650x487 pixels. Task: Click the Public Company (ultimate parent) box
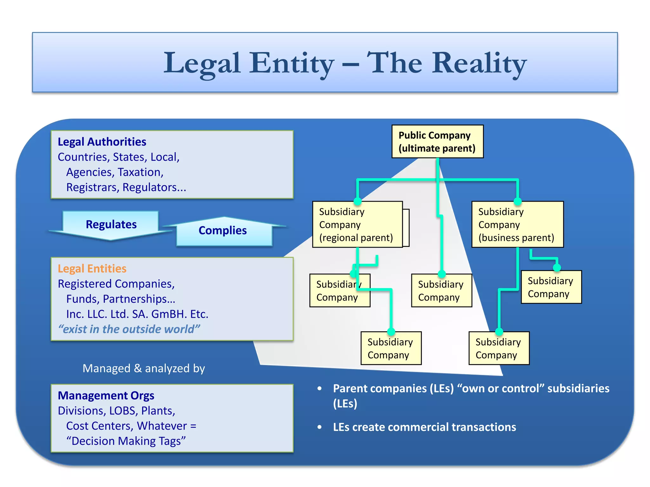(x=437, y=141)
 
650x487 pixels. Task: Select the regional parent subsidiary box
(x=357, y=224)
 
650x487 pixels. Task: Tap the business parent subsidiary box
(x=517, y=224)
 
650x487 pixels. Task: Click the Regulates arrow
(x=111, y=225)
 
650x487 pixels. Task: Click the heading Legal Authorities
(x=102, y=142)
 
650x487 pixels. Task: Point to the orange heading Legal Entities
(x=92, y=269)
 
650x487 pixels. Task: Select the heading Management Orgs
(x=106, y=395)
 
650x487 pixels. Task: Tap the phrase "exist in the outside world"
(x=129, y=329)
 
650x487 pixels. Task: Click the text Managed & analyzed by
(x=144, y=368)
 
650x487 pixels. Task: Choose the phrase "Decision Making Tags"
(x=126, y=441)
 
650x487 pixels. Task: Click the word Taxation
(x=141, y=172)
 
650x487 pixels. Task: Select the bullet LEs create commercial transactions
(x=424, y=427)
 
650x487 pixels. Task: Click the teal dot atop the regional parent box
(x=358, y=201)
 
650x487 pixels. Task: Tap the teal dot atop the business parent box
(x=518, y=201)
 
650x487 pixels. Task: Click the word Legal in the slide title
(x=202, y=63)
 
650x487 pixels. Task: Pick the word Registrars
(x=92, y=187)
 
